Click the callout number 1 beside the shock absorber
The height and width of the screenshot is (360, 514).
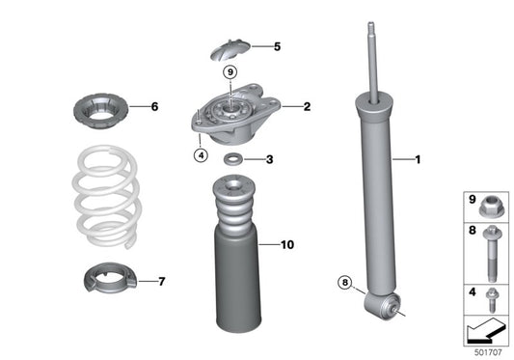point(419,159)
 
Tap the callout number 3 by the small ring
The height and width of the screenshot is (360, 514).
point(270,160)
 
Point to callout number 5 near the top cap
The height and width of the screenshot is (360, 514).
point(277,46)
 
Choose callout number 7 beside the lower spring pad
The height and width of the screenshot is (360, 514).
point(161,282)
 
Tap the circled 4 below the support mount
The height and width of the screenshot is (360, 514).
point(201,153)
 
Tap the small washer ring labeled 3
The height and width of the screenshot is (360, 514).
point(233,160)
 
